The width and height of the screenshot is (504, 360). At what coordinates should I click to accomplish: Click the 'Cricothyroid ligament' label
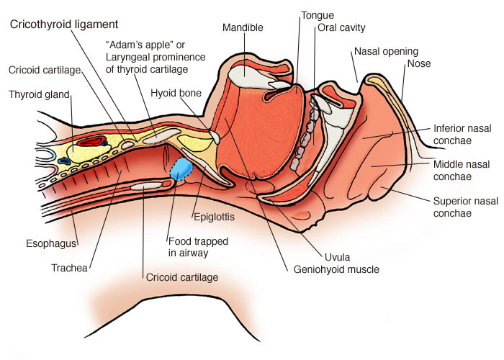click(63, 24)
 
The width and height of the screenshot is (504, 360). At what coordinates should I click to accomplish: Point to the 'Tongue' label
click(317, 14)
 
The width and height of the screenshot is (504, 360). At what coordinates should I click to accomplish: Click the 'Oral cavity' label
click(342, 28)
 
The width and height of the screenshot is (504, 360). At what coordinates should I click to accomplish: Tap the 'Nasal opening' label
click(382, 52)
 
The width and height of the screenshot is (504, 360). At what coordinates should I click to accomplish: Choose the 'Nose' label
click(418, 63)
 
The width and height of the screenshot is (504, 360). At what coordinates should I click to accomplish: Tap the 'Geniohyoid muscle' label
click(336, 270)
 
